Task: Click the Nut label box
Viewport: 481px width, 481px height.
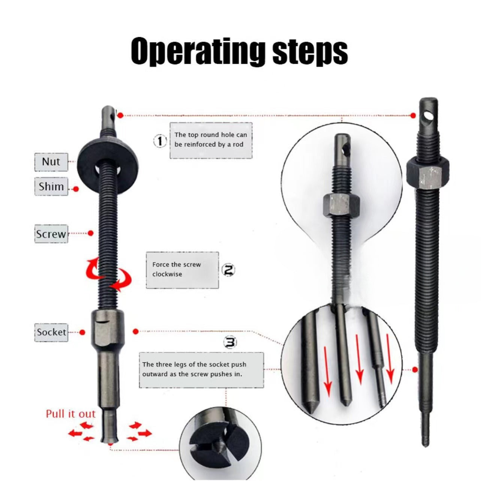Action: click(x=51, y=162)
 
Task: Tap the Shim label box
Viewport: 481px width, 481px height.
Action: click(x=51, y=187)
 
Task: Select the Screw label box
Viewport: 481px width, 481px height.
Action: click(x=51, y=234)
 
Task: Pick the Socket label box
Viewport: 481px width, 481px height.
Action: click(x=51, y=332)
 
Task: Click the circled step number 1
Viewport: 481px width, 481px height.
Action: click(x=160, y=141)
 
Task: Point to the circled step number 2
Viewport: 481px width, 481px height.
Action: click(x=229, y=270)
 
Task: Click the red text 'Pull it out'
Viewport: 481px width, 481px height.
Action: click(x=71, y=414)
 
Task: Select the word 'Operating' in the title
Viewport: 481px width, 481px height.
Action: click(x=197, y=52)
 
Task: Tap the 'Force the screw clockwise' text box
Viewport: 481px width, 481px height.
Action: click(x=182, y=270)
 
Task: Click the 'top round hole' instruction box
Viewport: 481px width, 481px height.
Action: click(x=211, y=140)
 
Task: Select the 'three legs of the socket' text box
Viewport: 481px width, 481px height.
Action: click(x=201, y=370)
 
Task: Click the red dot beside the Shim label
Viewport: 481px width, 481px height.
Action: click(x=76, y=189)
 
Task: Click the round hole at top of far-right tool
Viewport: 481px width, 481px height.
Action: click(x=430, y=115)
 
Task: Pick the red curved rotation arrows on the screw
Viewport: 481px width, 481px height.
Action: click(x=109, y=275)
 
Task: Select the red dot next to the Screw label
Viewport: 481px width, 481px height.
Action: click(x=91, y=233)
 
